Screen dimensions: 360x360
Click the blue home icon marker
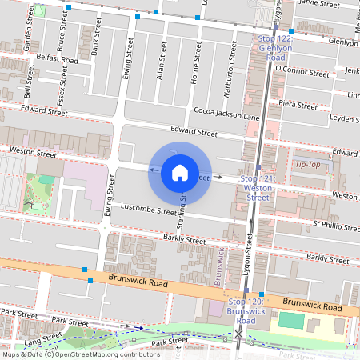tap(180, 172)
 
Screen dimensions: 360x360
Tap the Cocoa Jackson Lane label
tap(227, 116)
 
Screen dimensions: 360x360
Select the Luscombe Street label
tap(146, 213)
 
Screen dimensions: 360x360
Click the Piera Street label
tap(298, 103)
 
